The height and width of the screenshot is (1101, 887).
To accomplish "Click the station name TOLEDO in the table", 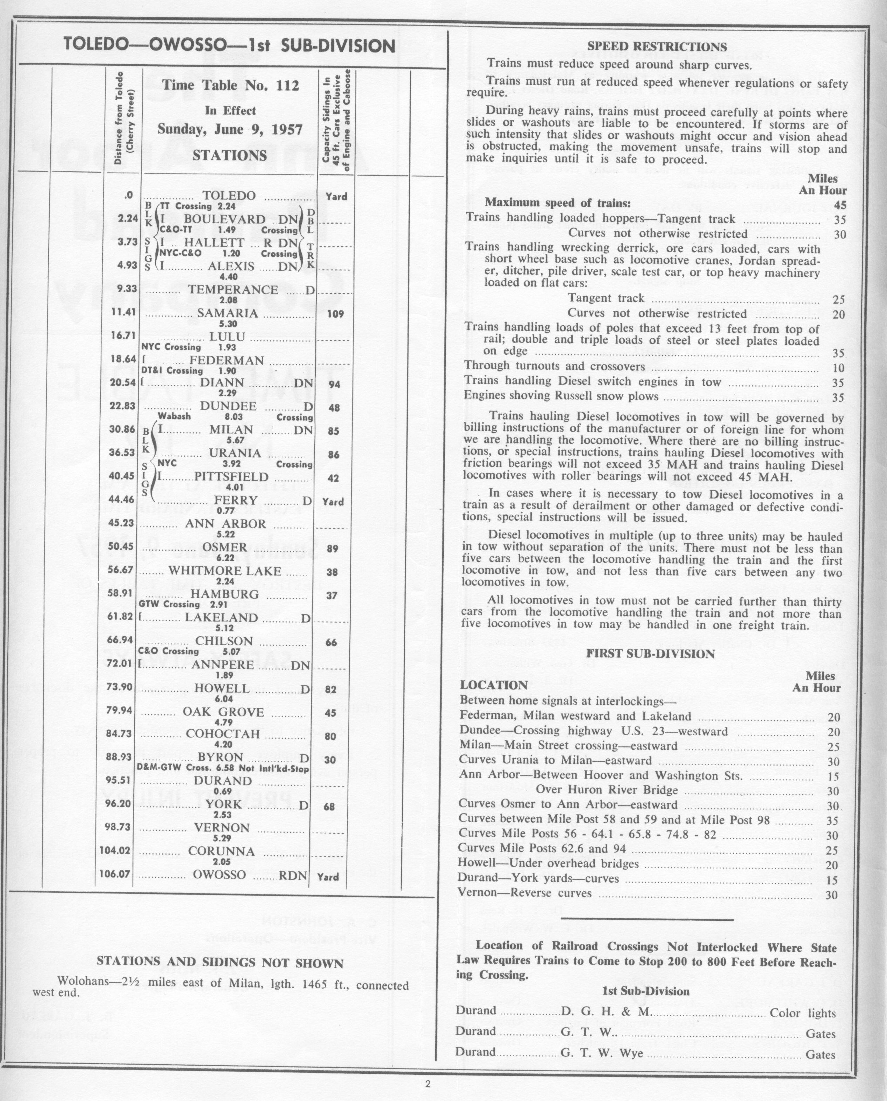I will coord(229,196).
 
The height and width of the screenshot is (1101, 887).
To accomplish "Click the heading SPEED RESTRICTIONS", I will coord(657,47).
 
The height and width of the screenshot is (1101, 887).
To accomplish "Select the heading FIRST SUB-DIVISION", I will coord(650,654).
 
